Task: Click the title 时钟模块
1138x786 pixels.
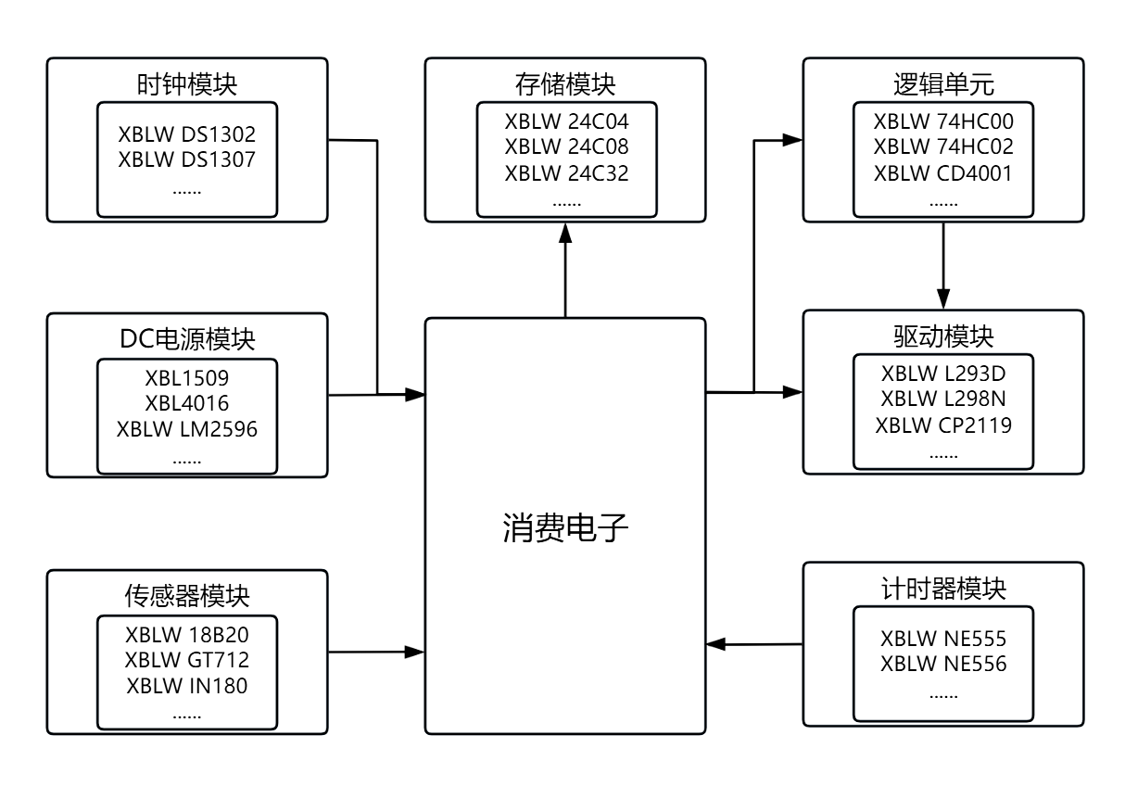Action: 187,84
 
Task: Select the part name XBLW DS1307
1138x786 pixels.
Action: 187,158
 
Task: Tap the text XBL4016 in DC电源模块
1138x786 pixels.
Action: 187,403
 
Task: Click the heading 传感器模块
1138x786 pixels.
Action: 187,594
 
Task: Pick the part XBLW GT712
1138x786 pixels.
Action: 187,661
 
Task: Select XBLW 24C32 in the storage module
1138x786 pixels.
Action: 565,173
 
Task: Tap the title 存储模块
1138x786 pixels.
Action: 565,84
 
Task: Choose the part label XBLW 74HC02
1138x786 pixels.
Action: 943,147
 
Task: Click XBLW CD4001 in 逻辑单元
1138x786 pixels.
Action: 943,173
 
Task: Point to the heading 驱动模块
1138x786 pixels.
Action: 943,336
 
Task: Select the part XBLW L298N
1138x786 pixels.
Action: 943,399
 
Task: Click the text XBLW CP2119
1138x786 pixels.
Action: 943,425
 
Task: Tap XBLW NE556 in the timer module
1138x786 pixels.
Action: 943,665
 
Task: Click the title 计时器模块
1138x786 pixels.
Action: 943,589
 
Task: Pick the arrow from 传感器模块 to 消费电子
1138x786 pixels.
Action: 375,652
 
